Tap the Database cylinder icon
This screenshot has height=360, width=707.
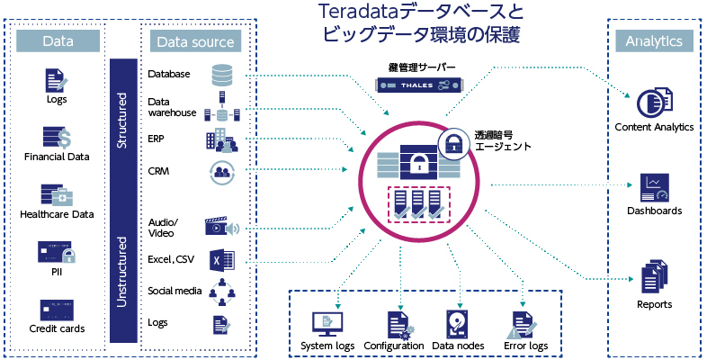click(x=221, y=75)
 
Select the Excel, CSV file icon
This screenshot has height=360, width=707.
click(x=221, y=262)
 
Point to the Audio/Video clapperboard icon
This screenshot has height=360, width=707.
click(x=221, y=226)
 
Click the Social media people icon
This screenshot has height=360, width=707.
click(x=221, y=292)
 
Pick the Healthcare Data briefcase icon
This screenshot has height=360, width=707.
click(x=56, y=194)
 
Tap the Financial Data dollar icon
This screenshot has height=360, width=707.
click(x=56, y=137)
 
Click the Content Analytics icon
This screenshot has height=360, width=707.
click(x=653, y=103)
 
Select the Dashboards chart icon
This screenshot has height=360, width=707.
click(x=653, y=187)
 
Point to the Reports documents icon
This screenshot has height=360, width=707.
click(x=653, y=275)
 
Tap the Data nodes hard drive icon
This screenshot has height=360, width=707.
click(x=458, y=324)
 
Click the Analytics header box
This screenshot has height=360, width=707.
click(x=653, y=40)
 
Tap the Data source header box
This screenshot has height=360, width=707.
click(x=194, y=41)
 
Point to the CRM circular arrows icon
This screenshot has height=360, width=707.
click(x=221, y=171)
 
